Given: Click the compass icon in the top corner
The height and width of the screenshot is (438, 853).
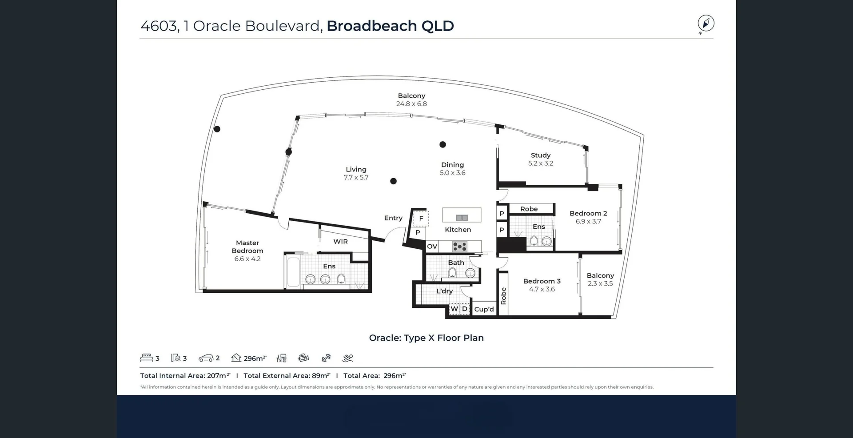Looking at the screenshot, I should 706,24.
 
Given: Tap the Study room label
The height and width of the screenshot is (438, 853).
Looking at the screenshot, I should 540,155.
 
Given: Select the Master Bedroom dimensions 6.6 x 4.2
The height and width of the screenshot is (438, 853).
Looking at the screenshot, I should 247,259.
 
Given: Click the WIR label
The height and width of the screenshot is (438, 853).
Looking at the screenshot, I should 340,242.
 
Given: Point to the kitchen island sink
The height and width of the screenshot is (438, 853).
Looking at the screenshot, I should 462,218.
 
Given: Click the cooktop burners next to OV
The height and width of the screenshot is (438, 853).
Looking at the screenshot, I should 459,246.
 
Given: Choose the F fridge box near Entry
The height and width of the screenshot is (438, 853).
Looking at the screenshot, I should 421,218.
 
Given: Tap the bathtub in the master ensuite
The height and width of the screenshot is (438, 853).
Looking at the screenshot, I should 293,271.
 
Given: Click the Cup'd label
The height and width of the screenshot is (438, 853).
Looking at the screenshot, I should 484,309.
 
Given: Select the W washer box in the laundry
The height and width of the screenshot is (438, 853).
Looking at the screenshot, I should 454,309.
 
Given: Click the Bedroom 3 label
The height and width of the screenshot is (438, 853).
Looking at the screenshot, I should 542,281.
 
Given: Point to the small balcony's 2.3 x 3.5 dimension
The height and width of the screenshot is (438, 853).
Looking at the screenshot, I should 600,284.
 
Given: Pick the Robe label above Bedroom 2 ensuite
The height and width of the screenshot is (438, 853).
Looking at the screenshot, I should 529,209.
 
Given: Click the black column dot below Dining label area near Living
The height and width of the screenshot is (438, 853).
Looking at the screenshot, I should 393,181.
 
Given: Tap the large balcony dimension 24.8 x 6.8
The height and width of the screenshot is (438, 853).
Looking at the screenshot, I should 411,104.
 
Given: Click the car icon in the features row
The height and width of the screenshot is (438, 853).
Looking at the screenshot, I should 206,358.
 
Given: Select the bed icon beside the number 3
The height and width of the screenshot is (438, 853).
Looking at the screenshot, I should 146,358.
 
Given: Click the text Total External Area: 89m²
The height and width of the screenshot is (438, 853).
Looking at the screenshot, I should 287,376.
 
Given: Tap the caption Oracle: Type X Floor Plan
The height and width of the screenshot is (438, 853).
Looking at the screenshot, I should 426,338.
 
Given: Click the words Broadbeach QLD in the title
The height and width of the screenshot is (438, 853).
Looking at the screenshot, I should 390,26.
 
